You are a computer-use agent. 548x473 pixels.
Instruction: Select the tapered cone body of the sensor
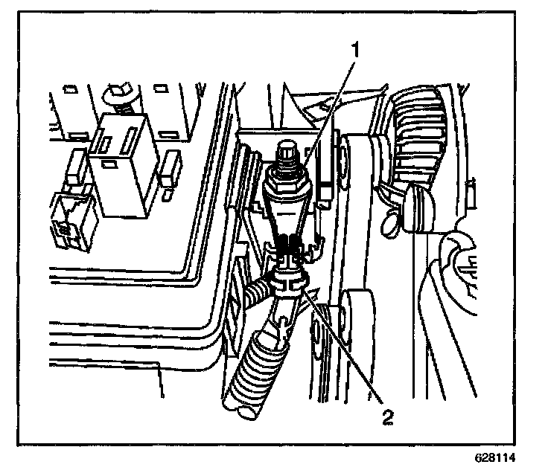click(286, 212)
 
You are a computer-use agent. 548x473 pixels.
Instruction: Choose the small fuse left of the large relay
click(75, 167)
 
